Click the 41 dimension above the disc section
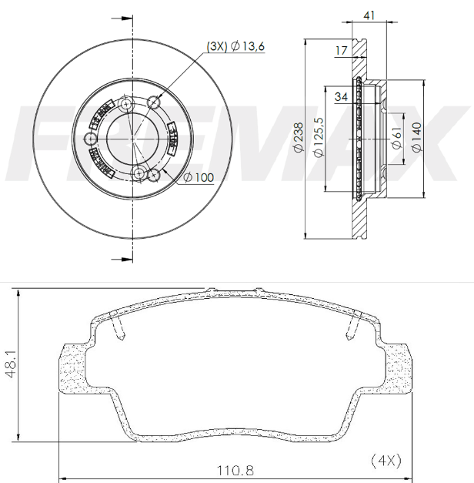coord(369,15)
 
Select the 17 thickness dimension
coord(341,51)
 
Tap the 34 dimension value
coord(341,96)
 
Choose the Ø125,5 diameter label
coord(318,137)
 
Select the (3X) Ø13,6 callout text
coord(235,48)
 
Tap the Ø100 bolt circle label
coord(199,178)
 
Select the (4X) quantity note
coord(386,460)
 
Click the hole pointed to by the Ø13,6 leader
coord(154,102)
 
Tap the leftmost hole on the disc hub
coord(91,139)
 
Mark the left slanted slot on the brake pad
coord(118,329)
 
